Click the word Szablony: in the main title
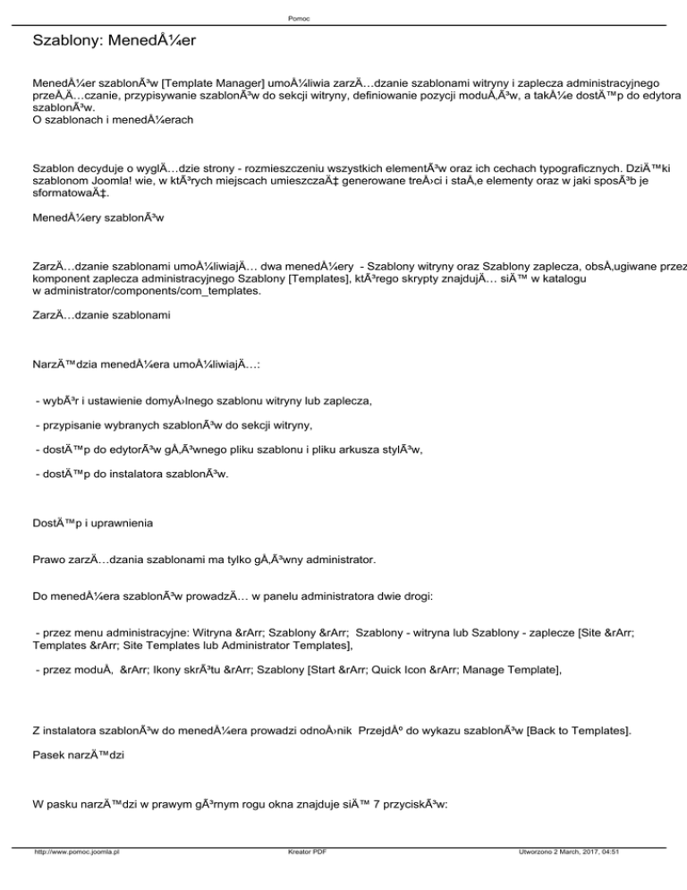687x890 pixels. (64, 42)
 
